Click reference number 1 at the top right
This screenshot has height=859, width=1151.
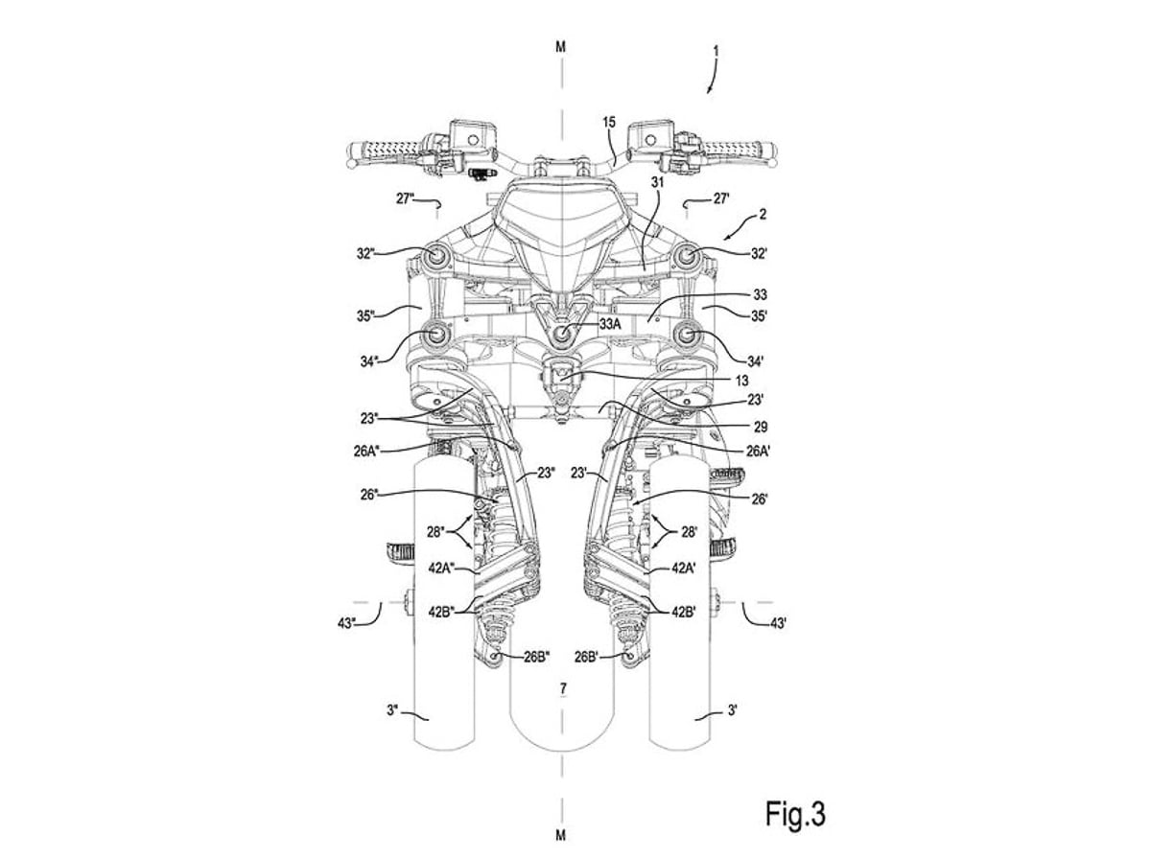point(716,52)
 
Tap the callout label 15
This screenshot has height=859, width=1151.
point(608,122)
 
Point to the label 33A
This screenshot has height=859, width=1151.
point(610,324)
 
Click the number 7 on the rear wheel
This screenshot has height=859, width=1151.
point(563,687)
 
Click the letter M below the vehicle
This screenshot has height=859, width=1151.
point(560,830)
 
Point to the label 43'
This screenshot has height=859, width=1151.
point(779,623)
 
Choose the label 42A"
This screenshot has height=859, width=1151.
point(442,568)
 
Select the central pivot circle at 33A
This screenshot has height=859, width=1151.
point(563,333)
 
